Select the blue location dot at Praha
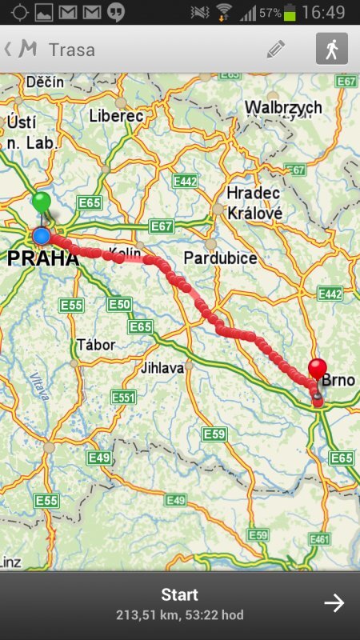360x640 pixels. click(x=41, y=236)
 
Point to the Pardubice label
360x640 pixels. click(x=220, y=258)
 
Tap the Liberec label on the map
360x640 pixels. click(x=117, y=116)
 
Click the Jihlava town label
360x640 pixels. click(x=162, y=368)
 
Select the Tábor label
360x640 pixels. click(x=96, y=345)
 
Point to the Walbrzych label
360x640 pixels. click(x=283, y=107)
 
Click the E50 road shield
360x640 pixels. click(x=119, y=305)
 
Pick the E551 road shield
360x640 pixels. click(x=124, y=398)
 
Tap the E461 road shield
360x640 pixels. click(x=320, y=539)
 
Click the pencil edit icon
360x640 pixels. click(x=276, y=49)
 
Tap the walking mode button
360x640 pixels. click(x=331, y=49)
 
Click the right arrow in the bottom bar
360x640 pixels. click(x=334, y=603)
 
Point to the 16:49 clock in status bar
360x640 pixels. click(x=324, y=12)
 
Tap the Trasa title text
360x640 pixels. click(x=72, y=50)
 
